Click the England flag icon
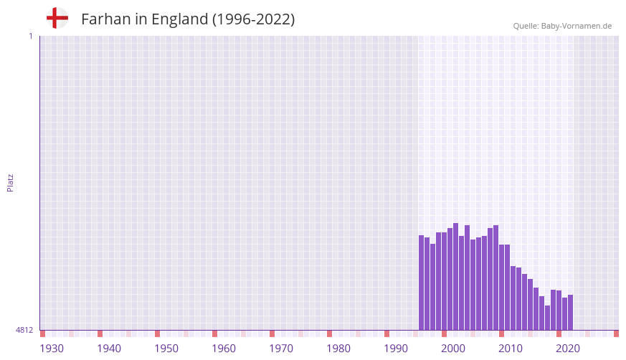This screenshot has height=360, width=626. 57,19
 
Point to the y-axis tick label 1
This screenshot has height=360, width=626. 30,36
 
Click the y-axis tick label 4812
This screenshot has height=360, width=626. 24,330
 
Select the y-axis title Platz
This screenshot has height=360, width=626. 10,182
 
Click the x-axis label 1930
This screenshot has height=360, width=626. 52,349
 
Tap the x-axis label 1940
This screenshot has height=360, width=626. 109,349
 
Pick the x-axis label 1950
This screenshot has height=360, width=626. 166,349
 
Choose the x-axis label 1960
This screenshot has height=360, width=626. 224,349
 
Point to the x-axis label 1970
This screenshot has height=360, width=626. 281,349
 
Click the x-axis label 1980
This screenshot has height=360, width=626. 338,349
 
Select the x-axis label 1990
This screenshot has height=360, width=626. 396,349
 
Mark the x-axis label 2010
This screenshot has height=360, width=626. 511,349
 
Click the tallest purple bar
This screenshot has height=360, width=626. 455,276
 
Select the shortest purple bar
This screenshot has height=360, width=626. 547,318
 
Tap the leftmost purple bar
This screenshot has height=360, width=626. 421,283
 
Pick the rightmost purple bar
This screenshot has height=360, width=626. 570,312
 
